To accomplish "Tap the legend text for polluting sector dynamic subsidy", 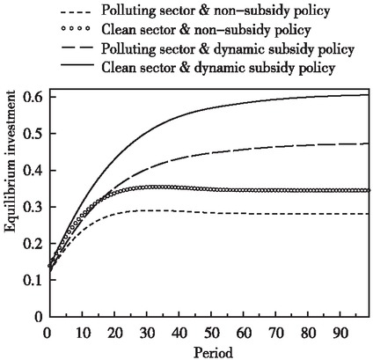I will [228, 49].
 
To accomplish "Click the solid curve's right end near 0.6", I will [366, 95].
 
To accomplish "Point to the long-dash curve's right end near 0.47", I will [366, 143].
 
